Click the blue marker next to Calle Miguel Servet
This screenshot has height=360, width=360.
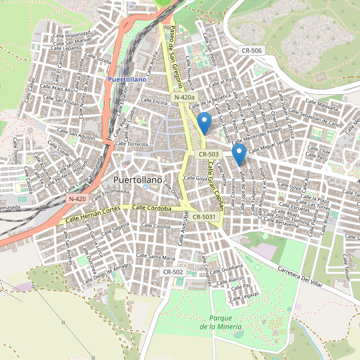coord(239,154)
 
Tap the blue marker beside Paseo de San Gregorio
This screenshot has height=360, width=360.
coord(205,123)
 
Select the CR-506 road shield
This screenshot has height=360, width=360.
coord(250,51)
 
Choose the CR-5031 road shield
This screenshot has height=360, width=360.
coord(206,216)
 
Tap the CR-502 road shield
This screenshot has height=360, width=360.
coord(173,272)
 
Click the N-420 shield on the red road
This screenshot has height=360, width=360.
coord(77,199)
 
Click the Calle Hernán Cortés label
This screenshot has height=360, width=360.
coord(95,213)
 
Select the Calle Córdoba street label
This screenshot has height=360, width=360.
coord(152,208)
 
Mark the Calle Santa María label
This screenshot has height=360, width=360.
coord(155,257)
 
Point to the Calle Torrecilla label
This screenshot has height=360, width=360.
coord(131,144)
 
